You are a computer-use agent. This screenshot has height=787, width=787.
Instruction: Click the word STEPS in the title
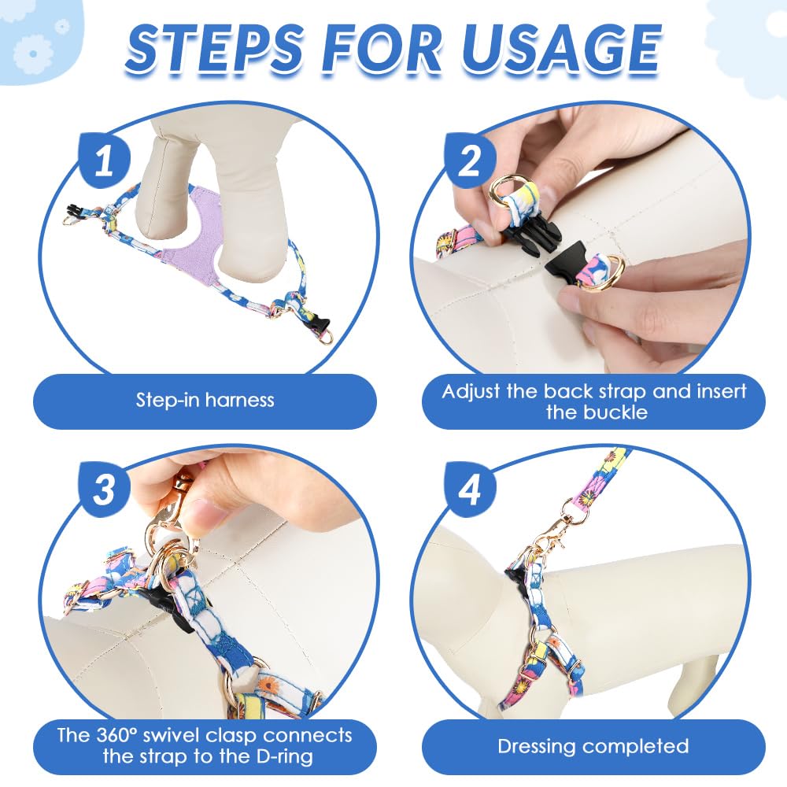tap(214, 49)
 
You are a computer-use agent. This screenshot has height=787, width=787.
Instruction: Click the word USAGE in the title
tap(560, 49)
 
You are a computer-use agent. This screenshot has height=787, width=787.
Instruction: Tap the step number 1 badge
tap(105, 160)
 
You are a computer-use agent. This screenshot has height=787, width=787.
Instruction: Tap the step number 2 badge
tap(470, 160)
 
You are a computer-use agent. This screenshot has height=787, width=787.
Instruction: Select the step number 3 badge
tap(105, 490)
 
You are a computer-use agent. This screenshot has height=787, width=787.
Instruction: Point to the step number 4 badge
tap(470, 490)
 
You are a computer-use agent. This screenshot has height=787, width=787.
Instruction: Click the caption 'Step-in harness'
tap(205, 400)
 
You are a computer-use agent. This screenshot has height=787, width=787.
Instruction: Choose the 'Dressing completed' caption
tap(593, 746)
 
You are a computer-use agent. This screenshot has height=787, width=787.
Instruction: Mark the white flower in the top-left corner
tap(32, 53)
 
